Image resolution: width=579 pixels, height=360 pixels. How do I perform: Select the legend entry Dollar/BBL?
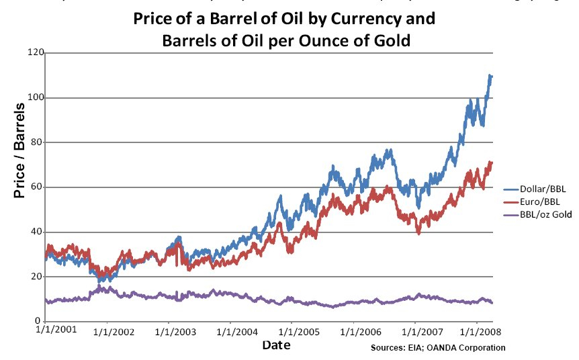click(x=542, y=191)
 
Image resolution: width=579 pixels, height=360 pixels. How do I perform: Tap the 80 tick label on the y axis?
click(x=37, y=142)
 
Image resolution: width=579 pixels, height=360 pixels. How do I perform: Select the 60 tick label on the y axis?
click(x=37, y=187)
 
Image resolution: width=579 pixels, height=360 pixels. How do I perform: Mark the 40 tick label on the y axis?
click(x=37, y=232)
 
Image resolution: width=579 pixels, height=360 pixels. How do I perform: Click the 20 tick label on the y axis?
click(x=37, y=277)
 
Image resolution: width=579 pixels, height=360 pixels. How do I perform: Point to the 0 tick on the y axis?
click(x=40, y=321)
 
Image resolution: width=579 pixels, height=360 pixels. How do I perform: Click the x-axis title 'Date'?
click(x=277, y=345)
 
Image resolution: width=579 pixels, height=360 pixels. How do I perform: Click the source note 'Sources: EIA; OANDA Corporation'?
click(x=438, y=348)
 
